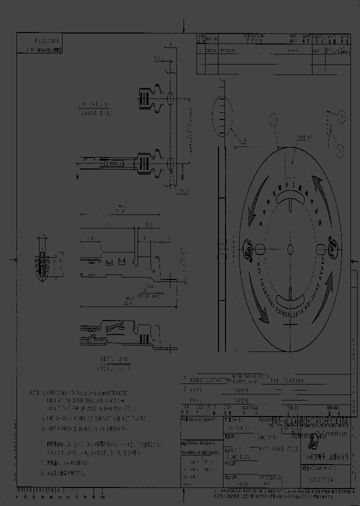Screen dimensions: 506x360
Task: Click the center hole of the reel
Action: (x=290, y=248)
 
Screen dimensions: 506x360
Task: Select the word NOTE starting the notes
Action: (x=34, y=393)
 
